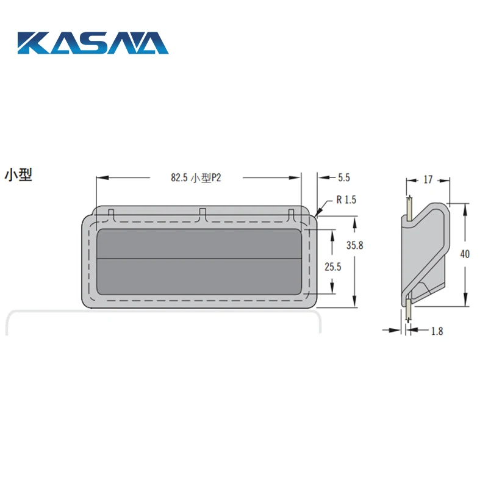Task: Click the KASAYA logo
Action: tap(93, 43)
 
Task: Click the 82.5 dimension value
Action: tap(179, 178)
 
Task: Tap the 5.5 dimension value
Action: tap(344, 178)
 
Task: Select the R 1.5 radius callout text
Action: tap(346, 199)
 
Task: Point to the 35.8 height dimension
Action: tap(355, 246)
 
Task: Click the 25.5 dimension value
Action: tap(332, 267)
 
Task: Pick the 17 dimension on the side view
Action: tap(428, 179)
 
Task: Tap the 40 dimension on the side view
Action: tap(465, 254)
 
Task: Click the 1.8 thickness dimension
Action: tap(437, 331)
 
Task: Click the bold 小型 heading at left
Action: tap(18, 175)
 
